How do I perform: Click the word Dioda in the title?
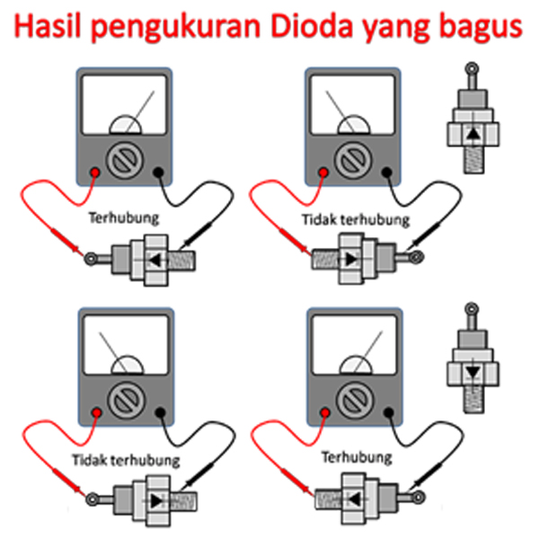312,26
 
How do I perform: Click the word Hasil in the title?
47,26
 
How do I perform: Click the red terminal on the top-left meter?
95,172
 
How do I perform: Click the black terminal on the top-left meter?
158,172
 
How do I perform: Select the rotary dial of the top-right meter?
353,160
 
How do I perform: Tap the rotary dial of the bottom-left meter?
126,401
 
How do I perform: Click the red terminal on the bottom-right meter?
325,412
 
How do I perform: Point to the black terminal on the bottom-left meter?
160,412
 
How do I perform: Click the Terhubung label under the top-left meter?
124,218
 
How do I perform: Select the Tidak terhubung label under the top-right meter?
356,220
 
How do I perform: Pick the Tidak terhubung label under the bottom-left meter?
126,460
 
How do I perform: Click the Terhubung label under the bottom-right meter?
357,457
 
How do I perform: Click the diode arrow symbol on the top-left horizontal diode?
155,261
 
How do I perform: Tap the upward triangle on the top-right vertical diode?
473,133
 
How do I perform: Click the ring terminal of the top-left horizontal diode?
91,259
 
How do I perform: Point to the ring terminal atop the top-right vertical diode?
472,69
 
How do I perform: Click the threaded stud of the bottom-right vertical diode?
473,399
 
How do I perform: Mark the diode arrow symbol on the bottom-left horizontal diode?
156,501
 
